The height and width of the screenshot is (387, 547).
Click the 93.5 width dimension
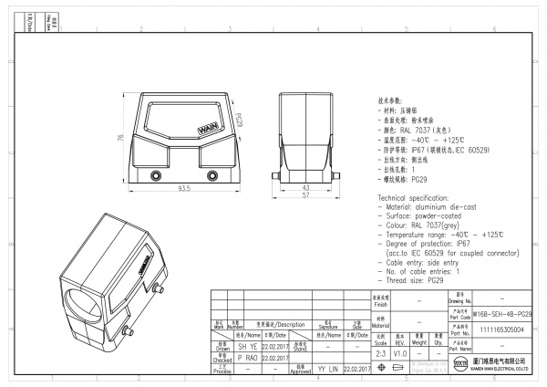(183, 189)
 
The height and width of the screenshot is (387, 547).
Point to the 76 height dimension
(120, 139)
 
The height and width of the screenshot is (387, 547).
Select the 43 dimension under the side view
(305, 186)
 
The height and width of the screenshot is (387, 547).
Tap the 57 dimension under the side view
(305, 195)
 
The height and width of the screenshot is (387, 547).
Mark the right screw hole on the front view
(213, 174)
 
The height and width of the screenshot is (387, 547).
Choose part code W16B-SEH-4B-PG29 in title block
(502, 313)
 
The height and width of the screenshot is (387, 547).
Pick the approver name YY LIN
(327, 369)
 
